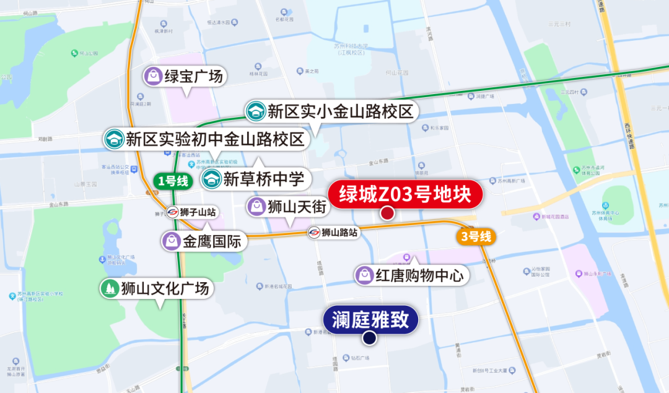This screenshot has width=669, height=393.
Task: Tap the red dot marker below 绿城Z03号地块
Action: tap(388, 214)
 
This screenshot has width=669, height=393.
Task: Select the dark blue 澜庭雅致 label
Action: tap(370, 320)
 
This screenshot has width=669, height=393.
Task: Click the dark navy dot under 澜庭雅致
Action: tap(370, 338)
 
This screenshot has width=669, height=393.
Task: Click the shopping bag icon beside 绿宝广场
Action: tap(152, 77)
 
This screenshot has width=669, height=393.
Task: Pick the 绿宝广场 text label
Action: tap(193, 77)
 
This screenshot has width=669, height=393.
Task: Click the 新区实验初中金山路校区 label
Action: tap(214, 139)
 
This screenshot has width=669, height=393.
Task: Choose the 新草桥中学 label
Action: tap(263, 180)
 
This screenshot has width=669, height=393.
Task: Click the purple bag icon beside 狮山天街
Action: tap(256, 206)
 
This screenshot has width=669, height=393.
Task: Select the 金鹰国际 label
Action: tap(211, 241)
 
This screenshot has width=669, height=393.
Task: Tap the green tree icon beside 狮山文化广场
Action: tap(110, 288)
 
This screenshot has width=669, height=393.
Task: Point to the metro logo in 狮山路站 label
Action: tap(315, 233)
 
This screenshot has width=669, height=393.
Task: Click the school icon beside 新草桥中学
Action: tap(211, 180)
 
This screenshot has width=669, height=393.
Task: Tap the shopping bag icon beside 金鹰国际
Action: tap(171, 241)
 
